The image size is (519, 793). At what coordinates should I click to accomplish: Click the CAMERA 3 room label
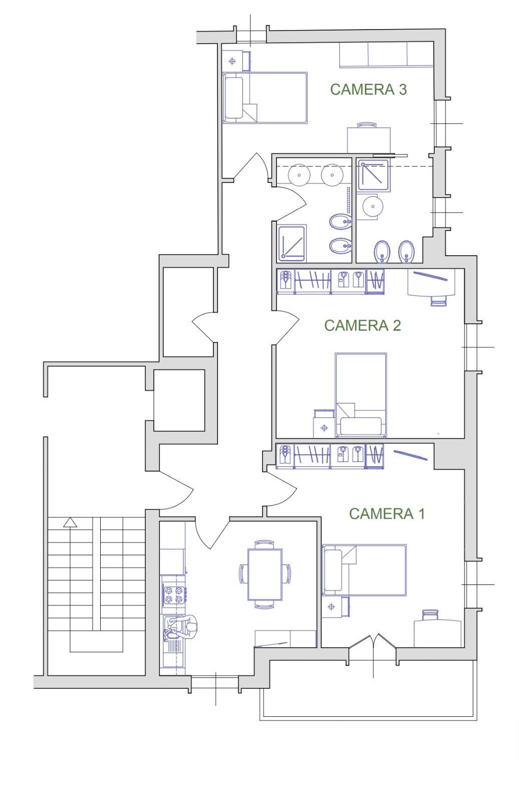pyautogui.click(x=368, y=90)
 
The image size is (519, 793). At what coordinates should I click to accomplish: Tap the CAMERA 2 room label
pyautogui.click(x=362, y=326)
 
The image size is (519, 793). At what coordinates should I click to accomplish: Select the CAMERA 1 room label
pyautogui.click(x=387, y=514)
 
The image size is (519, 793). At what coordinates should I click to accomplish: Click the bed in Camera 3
pyautogui.click(x=265, y=98)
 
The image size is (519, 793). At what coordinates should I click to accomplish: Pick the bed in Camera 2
pyautogui.click(x=361, y=395)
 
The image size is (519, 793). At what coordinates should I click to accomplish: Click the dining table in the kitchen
pyautogui.click(x=265, y=574)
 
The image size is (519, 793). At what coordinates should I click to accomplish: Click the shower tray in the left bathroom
pyautogui.click(x=292, y=243)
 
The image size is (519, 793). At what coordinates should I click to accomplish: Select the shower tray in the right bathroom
pyautogui.click(x=373, y=175)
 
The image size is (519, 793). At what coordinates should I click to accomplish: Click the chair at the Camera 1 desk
pyautogui.click(x=430, y=615)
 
